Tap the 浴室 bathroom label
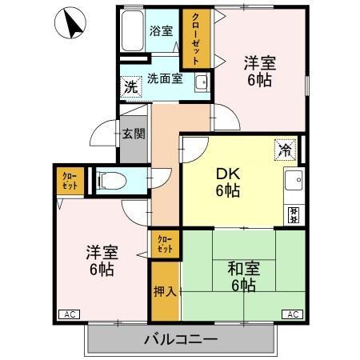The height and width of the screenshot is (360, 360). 161,31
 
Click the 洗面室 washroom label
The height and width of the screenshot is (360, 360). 165,78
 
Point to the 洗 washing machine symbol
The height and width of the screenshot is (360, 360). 130,86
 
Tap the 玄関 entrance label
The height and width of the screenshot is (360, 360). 133,134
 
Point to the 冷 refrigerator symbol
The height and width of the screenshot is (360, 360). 284,148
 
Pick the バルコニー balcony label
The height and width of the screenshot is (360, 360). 181,338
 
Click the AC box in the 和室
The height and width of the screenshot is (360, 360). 294,314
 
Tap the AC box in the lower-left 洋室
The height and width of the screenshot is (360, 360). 67,314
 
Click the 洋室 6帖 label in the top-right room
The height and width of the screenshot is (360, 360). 260,70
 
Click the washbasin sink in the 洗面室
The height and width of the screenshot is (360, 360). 199,82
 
